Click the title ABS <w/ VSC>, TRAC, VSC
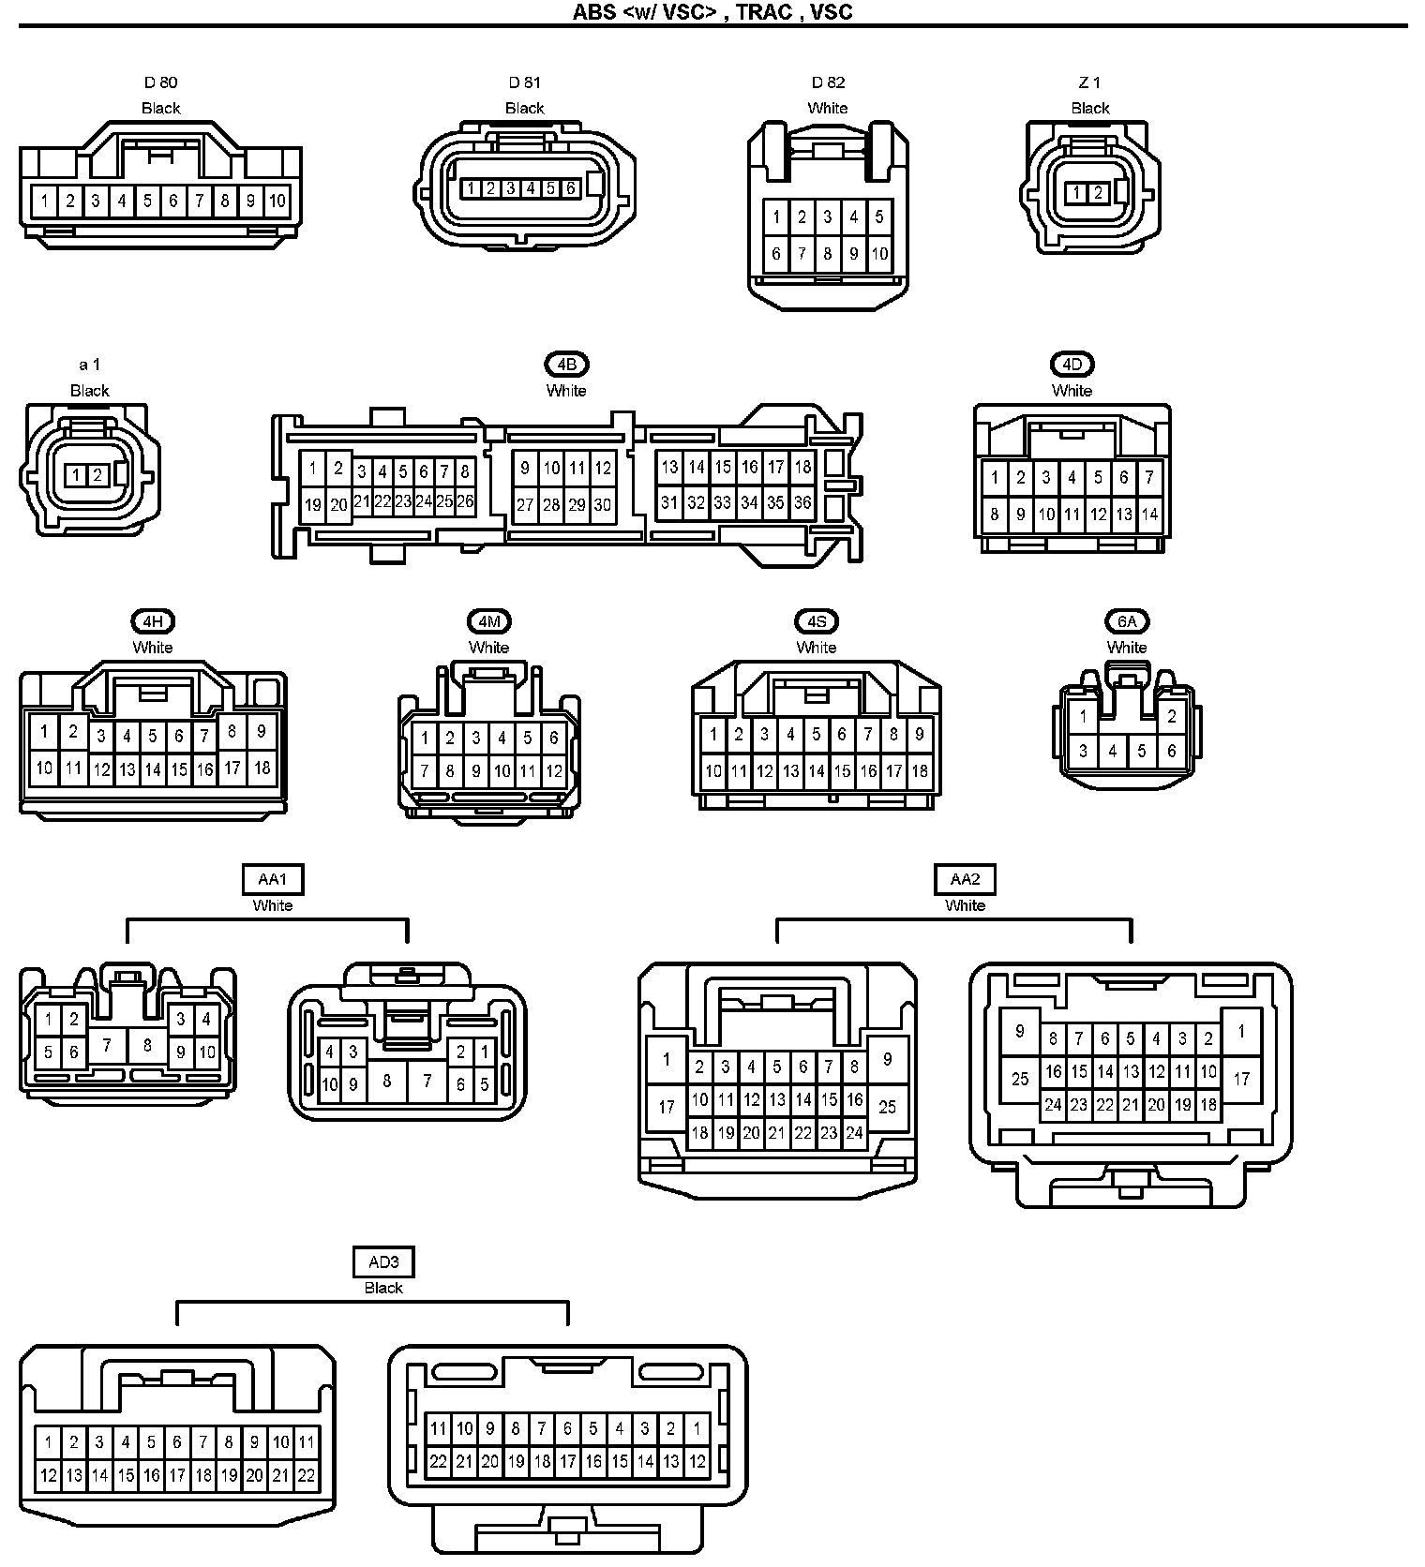(x=712, y=12)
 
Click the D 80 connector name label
(x=160, y=82)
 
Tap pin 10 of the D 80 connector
(x=277, y=201)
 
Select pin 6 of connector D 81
(x=570, y=188)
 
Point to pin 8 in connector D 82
(x=828, y=253)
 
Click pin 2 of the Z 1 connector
(x=1098, y=194)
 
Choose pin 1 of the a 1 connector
(x=77, y=476)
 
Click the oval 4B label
(x=566, y=365)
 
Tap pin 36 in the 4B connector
(x=802, y=502)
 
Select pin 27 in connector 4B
(x=525, y=505)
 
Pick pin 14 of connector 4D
(x=1149, y=514)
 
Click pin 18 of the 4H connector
(x=262, y=769)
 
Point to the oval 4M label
(x=488, y=621)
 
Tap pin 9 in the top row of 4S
(x=920, y=735)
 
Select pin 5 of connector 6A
(x=1141, y=751)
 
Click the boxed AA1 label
(x=273, y=879)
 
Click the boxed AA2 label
(x=965, y=879)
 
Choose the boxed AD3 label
(x=383, y=1261)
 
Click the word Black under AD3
(x=383, y=1288)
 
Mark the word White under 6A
(x=1127, y=648)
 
